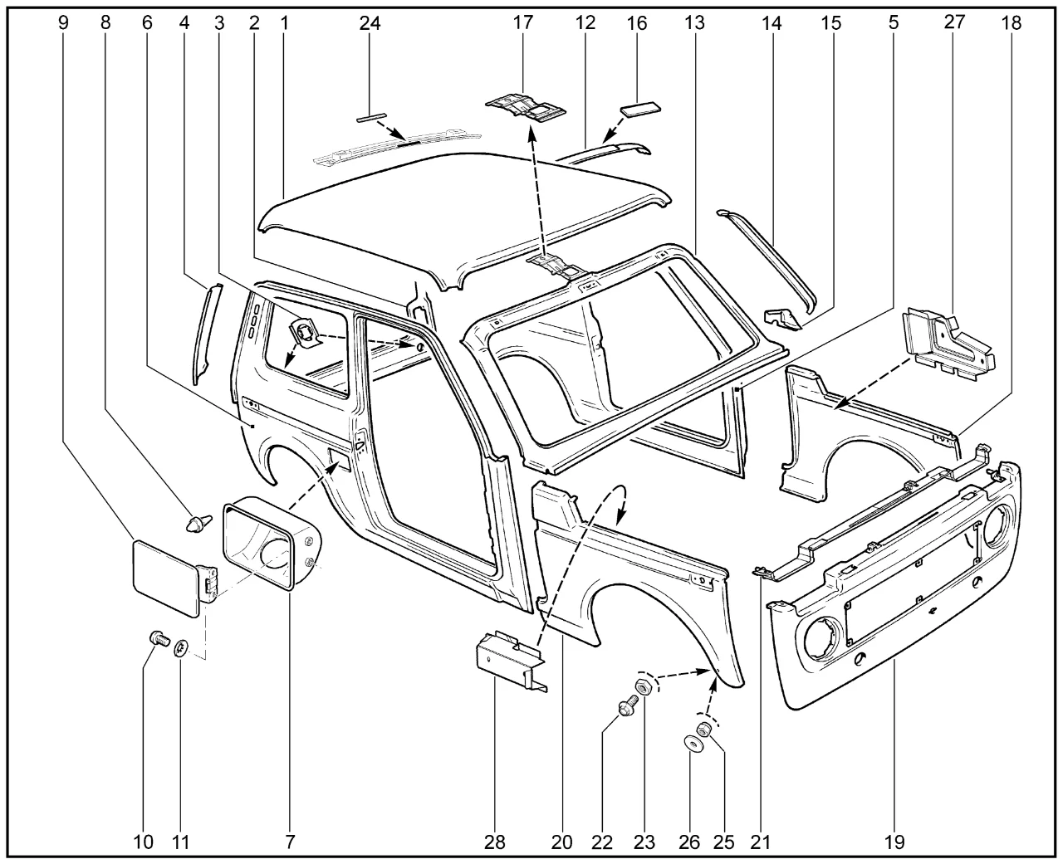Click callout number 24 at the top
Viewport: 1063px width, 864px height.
[x=370, y=23]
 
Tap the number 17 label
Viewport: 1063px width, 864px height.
[x=522, y=22]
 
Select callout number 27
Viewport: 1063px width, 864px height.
[x=954, y=22]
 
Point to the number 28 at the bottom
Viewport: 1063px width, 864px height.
[x=495, y=842]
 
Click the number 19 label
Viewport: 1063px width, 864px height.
[x=894, y=842]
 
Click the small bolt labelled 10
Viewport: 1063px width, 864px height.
[x=159, y=638]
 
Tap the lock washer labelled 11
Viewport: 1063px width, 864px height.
[x=181, y=650]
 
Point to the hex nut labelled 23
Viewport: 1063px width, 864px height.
[x=643, y=687]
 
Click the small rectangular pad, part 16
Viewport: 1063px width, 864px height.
[x=640, y=110]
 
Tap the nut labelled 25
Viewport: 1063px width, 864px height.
[x=703, y=730]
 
